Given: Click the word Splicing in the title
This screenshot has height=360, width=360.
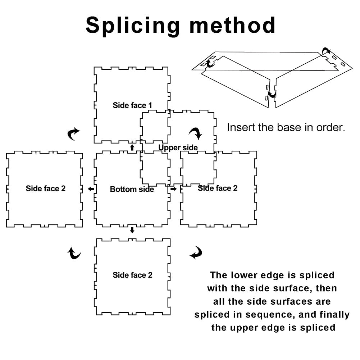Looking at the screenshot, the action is click(x=132, y=26).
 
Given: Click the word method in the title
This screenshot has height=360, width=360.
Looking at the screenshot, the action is click(x=232, y=25).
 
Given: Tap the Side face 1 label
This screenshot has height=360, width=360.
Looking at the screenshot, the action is click(x=132, y=105).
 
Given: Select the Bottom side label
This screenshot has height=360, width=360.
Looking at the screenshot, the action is click(x=132, y=189).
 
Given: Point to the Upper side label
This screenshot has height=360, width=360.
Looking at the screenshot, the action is click(x=178, y=147).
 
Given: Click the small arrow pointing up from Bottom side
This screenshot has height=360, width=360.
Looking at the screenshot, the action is click(x=132, y=147).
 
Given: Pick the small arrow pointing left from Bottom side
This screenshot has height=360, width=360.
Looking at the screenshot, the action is click(x=91, y=189).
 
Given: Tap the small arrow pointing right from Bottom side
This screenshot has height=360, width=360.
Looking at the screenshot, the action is click(x=173, y=189).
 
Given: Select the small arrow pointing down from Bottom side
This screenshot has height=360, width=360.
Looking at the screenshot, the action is click(x=132, y=230).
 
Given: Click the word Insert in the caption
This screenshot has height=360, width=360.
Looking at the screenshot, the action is click(x=241, y=127).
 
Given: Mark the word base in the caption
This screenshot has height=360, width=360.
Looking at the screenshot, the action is click(x=289, y=127).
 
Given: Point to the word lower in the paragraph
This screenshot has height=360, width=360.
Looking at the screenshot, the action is click(x=244, y=275).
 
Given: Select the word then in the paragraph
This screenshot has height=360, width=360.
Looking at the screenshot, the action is click(x=326, y=288).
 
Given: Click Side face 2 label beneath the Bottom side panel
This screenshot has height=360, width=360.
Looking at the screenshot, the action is click(x=132, y=275).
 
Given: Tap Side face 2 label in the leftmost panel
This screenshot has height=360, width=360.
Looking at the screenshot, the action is click(x=45, y=188).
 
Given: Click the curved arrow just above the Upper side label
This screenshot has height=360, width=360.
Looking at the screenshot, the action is click(x=196, y=133).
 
